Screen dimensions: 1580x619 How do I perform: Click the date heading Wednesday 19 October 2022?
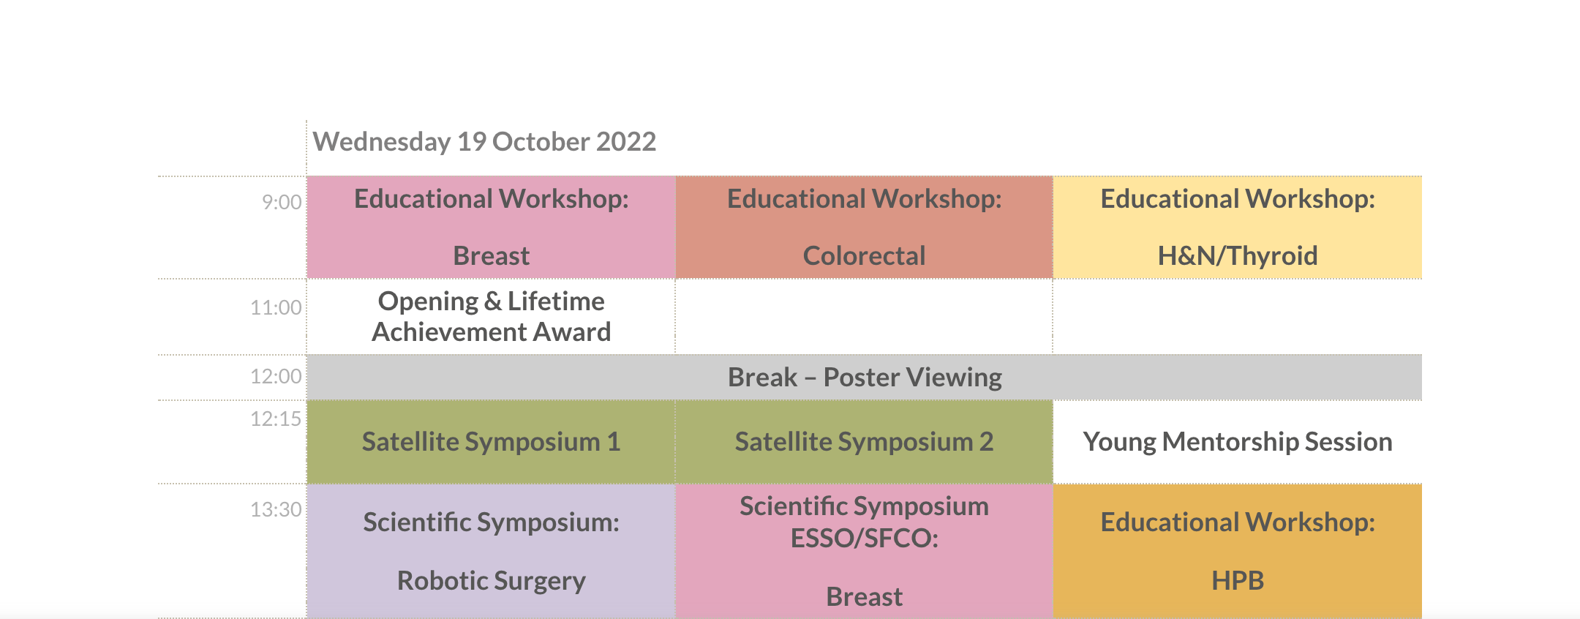pyautogui.click(x=484, y=141)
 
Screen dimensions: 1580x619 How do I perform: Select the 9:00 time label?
pyautogui.click(x=282, y=202)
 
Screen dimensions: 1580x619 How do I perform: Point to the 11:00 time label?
pyautogui.click(x=276, y=307)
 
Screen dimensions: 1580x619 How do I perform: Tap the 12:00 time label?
pyautogui.click(x=276, y=376)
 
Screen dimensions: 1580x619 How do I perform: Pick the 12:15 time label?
pyautogui.click(x=276, y=419)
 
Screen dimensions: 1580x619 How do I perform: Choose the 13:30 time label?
pyautogui.click(x=276, y=509)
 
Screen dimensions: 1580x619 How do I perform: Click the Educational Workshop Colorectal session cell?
pyautogui.click(x=864, y=227)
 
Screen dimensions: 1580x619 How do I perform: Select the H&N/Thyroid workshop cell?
pyautogui.click(x=1238, y=227)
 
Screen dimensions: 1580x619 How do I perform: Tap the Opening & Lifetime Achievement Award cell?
pyautogui.click(x=491, y=317)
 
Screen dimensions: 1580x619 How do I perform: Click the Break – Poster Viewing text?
pyautogui.click(x=865, y=378)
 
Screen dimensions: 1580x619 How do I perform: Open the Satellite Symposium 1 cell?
pyautogui.click(x=491, y=442)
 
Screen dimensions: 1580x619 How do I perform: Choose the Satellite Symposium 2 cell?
pyautogui.click(x=864, y=442)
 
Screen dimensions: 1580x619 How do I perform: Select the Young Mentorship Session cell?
pyautogui.click(x=1238, y=442)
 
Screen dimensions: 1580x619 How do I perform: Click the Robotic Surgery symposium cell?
pyautogui.click(x=491, y=551)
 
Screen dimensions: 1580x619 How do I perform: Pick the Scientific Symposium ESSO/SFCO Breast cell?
pyautogui.click(x=864, y=551)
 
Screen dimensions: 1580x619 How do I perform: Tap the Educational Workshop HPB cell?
pyautogui.click(x=1238, y=551)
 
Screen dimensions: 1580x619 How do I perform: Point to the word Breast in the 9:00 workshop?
pyautogui.click(x=491, y=256)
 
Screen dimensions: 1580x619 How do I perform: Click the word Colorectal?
pyautogui.click(x=864, y=256)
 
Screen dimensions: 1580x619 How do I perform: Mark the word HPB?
pyautogui.click(x=1238, y=581)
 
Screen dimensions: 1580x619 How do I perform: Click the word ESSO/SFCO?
pyautogui.click(x=864, y=539)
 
